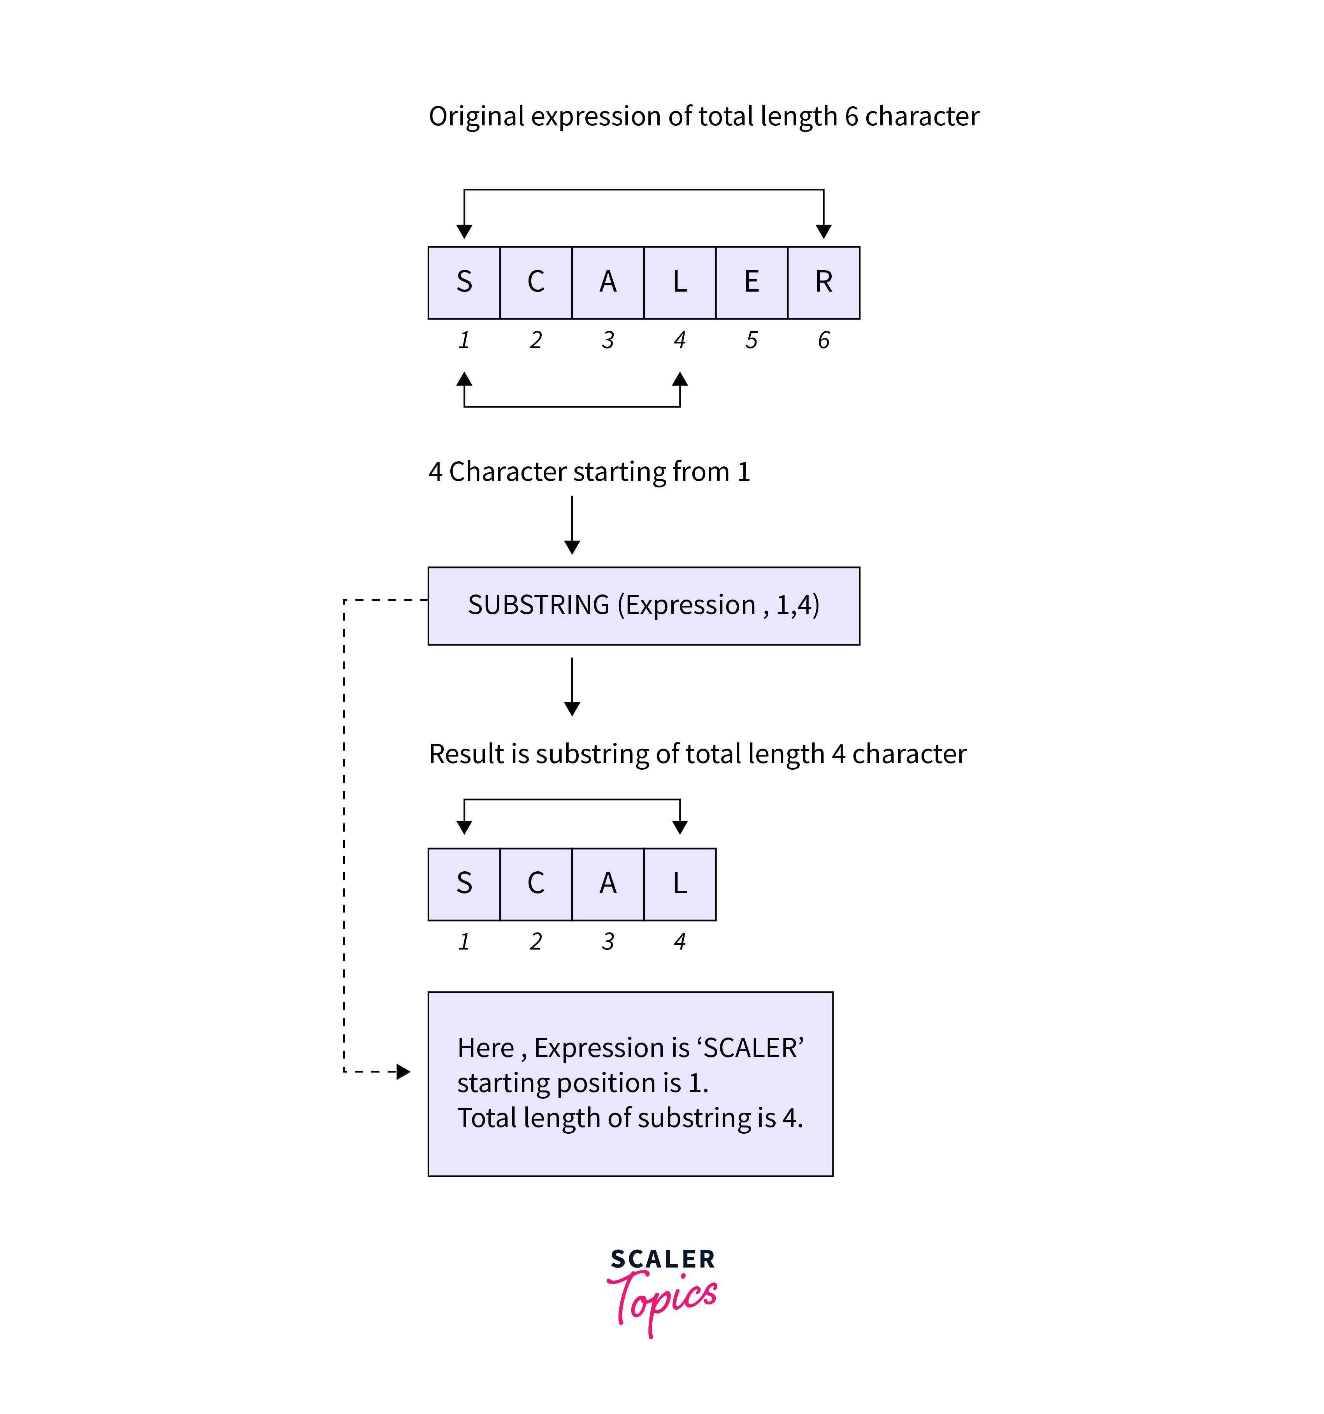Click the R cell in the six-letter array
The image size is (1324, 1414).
tap(824, 282)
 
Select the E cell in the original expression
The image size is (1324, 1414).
tap(752, 282)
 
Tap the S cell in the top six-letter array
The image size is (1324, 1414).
tap(464, 282)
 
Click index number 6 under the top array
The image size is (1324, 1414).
tap(824, 340)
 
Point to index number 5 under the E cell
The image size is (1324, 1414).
tap(752, 340)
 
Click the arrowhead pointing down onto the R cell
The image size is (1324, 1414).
tap(824, 231)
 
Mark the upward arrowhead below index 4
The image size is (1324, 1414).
tap(680, 379)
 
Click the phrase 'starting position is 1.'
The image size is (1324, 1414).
tap(583, 1083)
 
